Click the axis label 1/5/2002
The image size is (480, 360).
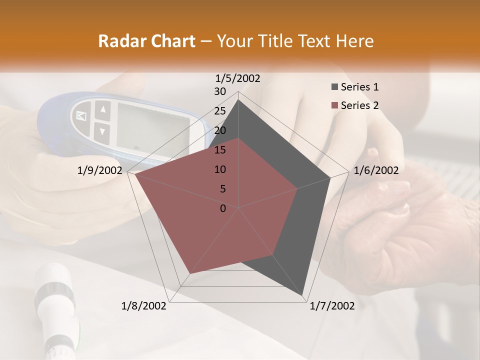238,78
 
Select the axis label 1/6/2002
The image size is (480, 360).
376,170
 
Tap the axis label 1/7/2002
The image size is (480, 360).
332,306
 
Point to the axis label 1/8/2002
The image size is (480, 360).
144,306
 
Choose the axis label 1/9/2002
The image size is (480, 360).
100,170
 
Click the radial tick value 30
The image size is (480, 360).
220,91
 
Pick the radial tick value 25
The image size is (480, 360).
220,111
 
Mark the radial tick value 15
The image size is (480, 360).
220,150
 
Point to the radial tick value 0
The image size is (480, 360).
223,208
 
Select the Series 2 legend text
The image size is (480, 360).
359,105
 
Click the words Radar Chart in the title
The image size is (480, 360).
146,41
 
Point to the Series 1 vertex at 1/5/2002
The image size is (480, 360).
238,99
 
